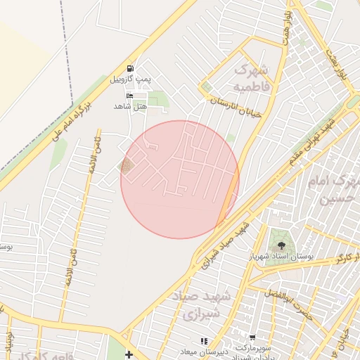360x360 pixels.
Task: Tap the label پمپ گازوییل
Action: coord(129,79)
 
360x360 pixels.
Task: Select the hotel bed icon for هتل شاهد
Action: coord(129,96)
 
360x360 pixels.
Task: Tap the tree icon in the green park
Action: coord(281,245)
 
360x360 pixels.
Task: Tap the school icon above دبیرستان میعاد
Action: coord(204,341)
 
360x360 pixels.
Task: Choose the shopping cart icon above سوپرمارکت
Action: coord(252,338)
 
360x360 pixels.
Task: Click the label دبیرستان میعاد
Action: coord(204,352)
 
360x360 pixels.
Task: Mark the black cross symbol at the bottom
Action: coord(128,353)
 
